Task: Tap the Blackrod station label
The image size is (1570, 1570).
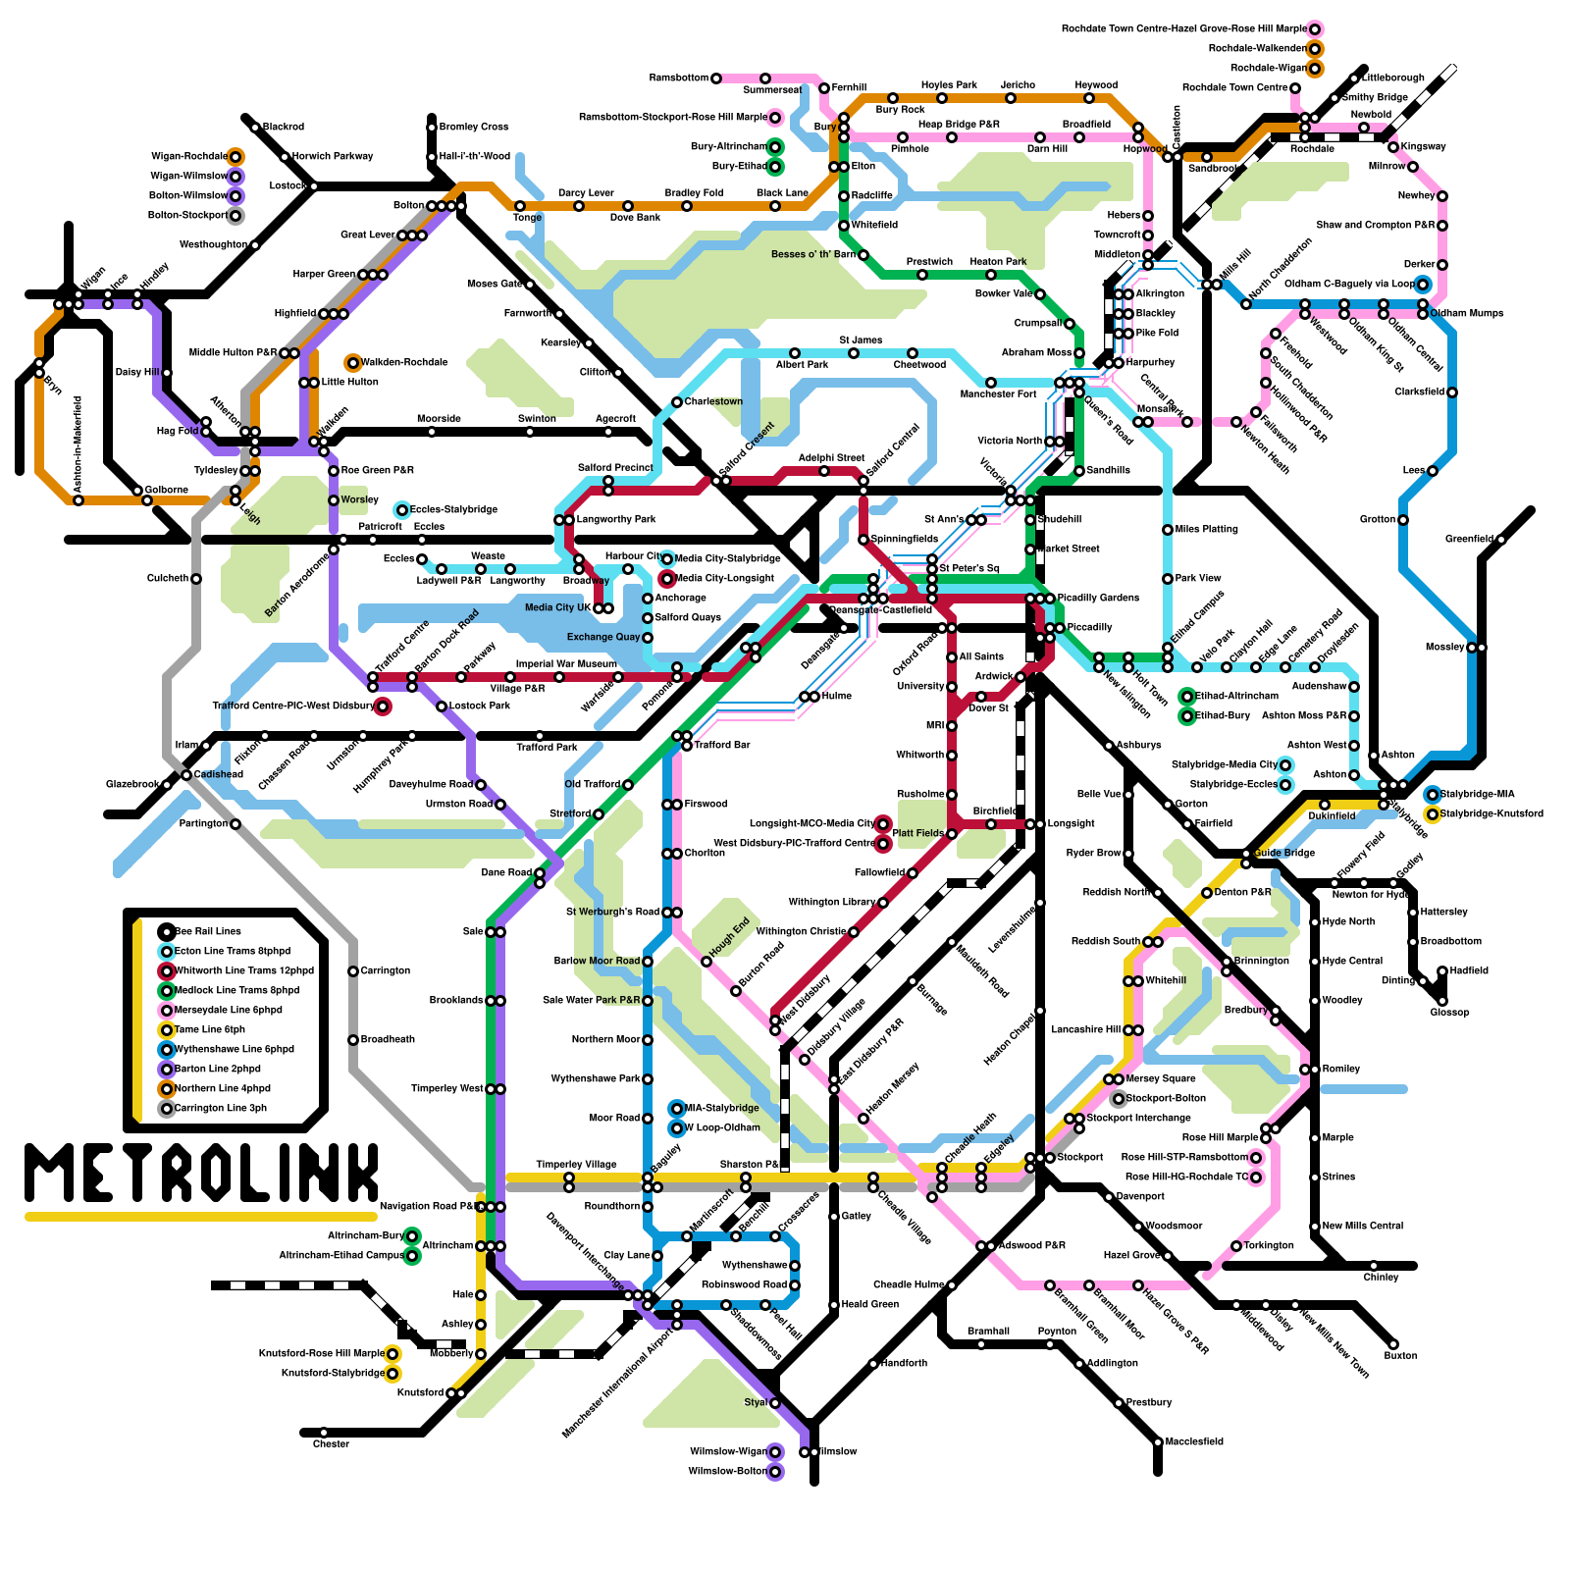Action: tap(284, 128)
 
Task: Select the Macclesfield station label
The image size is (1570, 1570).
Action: tap(1194, 1441)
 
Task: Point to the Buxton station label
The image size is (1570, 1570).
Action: tap(1400, 1355)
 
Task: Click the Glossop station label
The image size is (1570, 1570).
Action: tap(1449, 1012)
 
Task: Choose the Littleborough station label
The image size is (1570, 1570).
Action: tap(1393, 78)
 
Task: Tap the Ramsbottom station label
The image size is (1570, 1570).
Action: tap(678, 78)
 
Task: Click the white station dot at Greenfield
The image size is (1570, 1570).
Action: tap(1501, 540)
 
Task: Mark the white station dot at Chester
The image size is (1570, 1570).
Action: tap(324, 1433)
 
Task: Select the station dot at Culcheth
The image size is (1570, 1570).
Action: tap(196, 579)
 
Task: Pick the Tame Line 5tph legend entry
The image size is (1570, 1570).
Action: tap(209, 1029)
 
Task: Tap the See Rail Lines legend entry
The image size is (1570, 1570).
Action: tap(207, 931)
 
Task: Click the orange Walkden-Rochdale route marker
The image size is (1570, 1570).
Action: tap(353, 363)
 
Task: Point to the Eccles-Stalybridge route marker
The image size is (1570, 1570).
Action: tap(402, 510)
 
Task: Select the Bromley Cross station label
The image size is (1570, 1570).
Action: tap(473, 127)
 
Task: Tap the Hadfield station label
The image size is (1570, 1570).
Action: tap(1469, 970)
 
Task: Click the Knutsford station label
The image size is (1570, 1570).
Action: tap(420, 1392)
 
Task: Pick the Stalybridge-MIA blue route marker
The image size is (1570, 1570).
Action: tap(1433, 795)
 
